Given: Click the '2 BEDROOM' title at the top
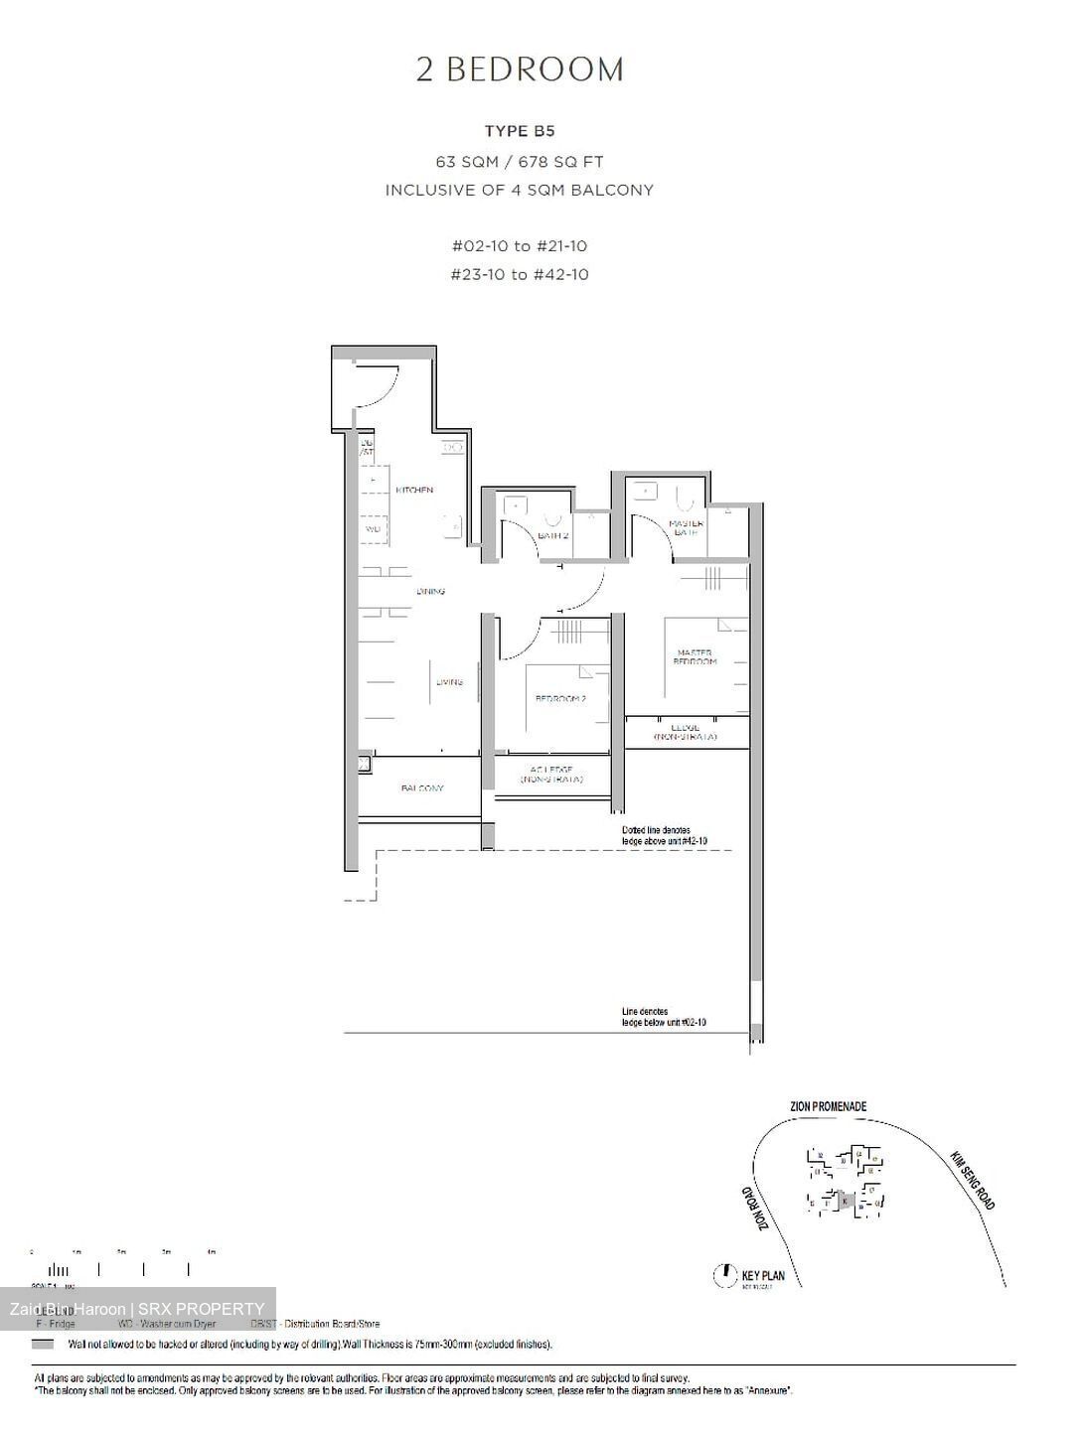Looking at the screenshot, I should (520, 70).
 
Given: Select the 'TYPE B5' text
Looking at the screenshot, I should (520, 130).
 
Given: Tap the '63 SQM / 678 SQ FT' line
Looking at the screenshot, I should (520, 161).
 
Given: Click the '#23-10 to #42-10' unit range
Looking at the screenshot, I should (520, 274).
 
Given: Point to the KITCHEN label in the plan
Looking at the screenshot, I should (414, 490).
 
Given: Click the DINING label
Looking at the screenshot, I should (430, 591).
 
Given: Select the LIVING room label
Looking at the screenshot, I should (449, 682).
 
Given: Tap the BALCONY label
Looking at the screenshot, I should (422, 787).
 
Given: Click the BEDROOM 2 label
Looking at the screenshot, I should (560, 698).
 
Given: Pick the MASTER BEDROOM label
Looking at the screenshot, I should (695, 656).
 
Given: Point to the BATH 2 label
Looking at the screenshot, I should (552, 535).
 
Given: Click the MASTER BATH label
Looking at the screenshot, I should (687, 527).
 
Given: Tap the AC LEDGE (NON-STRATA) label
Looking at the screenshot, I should (551, 775).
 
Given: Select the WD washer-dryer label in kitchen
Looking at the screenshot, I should (373, 529).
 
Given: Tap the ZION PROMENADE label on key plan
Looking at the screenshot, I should (828, 1106).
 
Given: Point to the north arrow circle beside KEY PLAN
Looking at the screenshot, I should (725, 1275).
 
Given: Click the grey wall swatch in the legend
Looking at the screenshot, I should (43, 1344).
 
